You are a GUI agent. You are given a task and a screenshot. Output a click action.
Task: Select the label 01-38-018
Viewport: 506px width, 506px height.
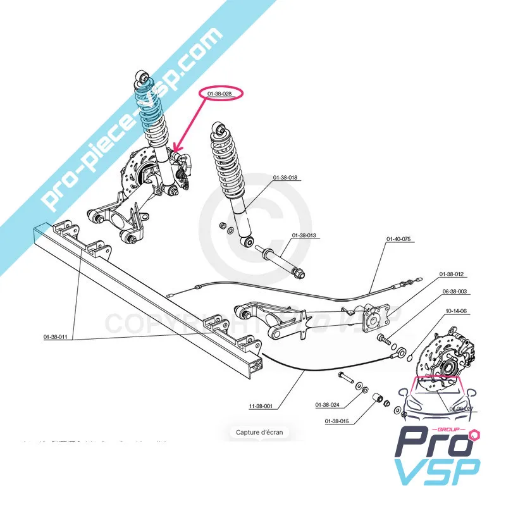285,178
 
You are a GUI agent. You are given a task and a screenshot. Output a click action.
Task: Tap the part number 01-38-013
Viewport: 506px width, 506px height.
304,235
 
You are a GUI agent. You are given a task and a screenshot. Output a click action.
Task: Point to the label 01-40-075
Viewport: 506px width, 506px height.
398,240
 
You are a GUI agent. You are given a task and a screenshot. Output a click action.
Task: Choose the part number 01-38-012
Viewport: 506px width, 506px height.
452,274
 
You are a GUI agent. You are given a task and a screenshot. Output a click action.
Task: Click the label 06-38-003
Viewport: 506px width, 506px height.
455,292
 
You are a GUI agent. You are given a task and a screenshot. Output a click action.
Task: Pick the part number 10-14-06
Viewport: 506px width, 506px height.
455,311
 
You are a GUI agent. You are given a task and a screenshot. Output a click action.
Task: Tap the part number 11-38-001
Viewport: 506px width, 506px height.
259,406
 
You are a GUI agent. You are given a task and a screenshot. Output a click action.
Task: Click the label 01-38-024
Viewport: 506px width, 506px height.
327,405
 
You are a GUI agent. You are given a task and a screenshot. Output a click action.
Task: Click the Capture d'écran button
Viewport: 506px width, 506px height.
259,433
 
